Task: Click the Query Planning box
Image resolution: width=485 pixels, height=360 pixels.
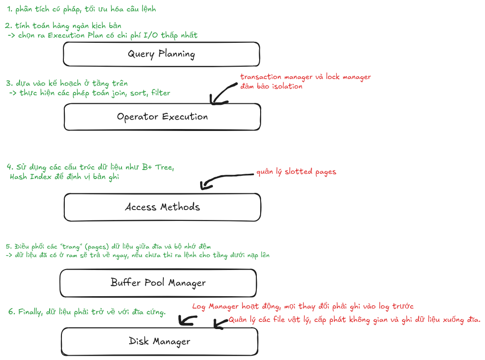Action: click(x=161, y=54)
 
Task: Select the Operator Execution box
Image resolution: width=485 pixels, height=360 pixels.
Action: click(x=162, y=117)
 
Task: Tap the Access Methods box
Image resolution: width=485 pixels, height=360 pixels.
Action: click(x=162, y=207)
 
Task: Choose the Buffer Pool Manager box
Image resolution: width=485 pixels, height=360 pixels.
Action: click(x=158, y=282)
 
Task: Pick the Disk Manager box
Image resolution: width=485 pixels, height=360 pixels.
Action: click(x=159, y=341)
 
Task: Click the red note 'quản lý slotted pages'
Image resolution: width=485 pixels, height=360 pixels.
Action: click(x=296, y=171)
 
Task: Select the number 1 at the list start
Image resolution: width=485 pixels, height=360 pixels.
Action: click(x=9, y=9)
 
